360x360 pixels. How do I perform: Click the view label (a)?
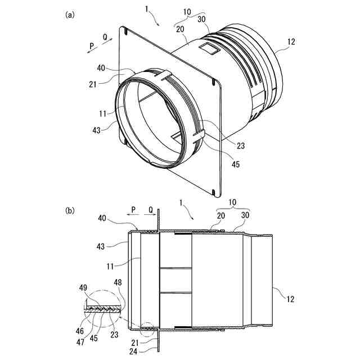coord(70,15)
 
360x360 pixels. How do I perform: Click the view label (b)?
coord(70,210)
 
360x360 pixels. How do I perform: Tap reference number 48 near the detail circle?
coord(117,282)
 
